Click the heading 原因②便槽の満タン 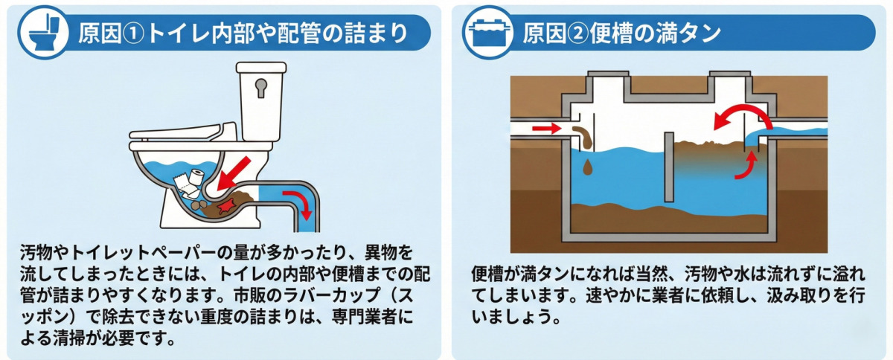pyautogui.click(x=621, y=33)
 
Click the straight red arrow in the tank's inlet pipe pyautogui.click(x=547, y=129)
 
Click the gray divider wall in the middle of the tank pyautogui.click(x=669, y=167)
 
